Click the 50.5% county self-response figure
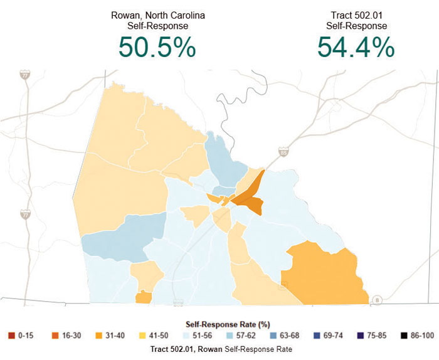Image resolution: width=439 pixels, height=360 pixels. pos(157,47)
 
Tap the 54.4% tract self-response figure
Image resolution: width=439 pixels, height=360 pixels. pos(356,47)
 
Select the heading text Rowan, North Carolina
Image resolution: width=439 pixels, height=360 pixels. pos(157,15)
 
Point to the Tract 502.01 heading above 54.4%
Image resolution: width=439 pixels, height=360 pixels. pos(356,15)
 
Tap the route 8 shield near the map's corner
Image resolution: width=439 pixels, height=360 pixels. pos(376,299)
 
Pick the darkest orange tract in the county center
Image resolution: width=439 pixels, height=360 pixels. pos(250,202)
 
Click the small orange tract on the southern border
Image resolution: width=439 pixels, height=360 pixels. pos(143,297)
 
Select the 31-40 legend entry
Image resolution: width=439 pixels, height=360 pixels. pos(115,336)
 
